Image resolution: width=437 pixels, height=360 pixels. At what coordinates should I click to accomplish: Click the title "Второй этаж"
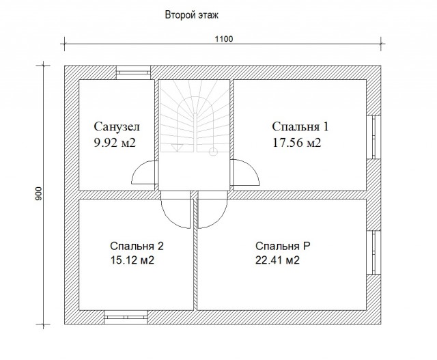[191, 15]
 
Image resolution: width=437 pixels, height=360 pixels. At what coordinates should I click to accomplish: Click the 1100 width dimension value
[224, 39]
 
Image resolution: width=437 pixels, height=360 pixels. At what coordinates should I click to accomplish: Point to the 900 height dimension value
[39, 193]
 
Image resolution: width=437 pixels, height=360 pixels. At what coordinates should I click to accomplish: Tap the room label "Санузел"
[117, 126]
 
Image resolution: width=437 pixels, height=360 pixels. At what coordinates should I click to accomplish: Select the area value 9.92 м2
[115, 143]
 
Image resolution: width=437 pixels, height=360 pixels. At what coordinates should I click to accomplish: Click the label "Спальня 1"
[300, 126]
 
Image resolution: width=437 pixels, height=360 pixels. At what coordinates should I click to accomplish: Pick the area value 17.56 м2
[296, 143]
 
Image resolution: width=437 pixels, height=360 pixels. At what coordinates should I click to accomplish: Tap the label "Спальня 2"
[137, 246]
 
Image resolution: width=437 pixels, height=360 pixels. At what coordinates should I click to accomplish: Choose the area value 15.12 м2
[132, 260]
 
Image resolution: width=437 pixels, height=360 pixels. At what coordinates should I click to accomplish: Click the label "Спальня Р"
[283, 246]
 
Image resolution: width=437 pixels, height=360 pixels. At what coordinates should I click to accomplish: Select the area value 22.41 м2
[277, 260]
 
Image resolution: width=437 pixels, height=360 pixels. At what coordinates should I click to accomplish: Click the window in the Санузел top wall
[133, 72]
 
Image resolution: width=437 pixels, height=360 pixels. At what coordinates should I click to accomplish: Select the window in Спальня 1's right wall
[373, 137]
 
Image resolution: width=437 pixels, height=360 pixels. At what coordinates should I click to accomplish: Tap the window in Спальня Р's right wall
[373, 252]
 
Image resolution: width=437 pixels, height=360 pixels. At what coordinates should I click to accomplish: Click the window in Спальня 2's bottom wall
[126, 317]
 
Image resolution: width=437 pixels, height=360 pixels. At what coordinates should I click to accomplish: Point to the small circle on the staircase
[213, 152]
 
